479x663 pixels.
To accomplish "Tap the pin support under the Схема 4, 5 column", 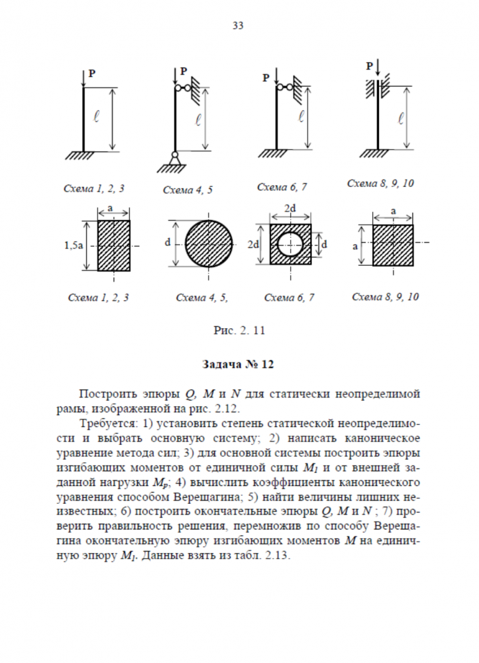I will click(175, 159).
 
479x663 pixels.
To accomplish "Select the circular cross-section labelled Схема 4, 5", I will click(208, 243).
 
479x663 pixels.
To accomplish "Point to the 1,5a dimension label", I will click(74, 246).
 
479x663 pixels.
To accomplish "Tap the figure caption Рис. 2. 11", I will click(240, 330).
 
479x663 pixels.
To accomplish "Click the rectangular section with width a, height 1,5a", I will click(114, 246).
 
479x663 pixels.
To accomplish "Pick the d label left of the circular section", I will click(167, 243).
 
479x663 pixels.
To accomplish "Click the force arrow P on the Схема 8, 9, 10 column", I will click(377, 67).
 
